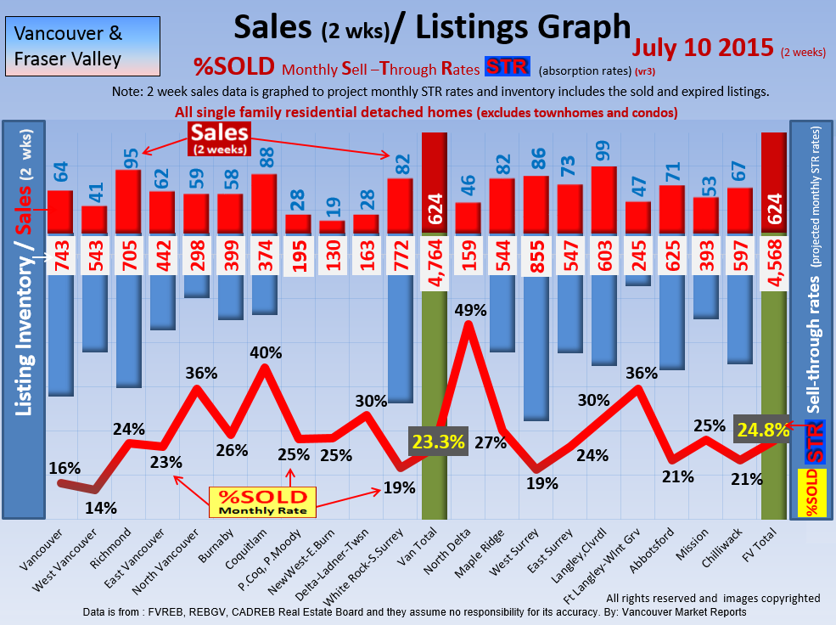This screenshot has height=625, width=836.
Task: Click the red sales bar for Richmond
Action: (x=128, y=200)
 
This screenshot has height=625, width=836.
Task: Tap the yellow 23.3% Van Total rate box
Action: (x=438, y=442)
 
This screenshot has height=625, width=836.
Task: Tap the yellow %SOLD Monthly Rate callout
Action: (x=262, y=502)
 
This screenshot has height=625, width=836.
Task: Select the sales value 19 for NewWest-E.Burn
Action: (x=332, y=204)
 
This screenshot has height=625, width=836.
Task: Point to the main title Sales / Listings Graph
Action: (x=433, y=27)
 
